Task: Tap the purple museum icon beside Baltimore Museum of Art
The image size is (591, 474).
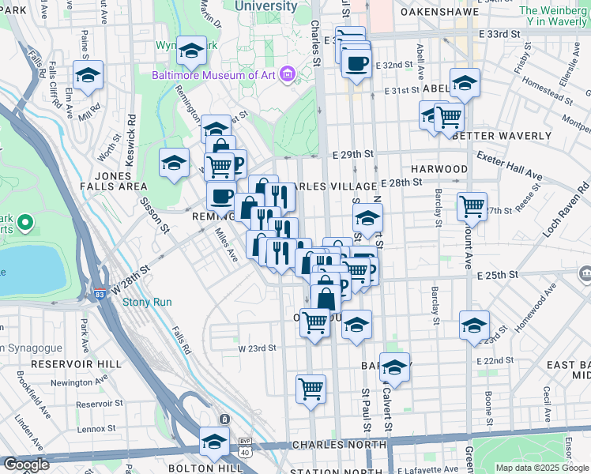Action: [287, 76]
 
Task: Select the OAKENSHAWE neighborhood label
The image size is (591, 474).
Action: [441, 13]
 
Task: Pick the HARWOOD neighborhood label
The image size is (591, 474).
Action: [439, 169]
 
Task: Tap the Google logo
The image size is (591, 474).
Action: [25, 465]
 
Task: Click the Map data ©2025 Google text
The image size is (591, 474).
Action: [542, 468]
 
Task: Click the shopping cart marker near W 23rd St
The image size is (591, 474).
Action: [315, 322]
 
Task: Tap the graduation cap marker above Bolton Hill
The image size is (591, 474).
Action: [213, 441]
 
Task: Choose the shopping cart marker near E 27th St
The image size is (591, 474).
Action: [472, 206]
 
